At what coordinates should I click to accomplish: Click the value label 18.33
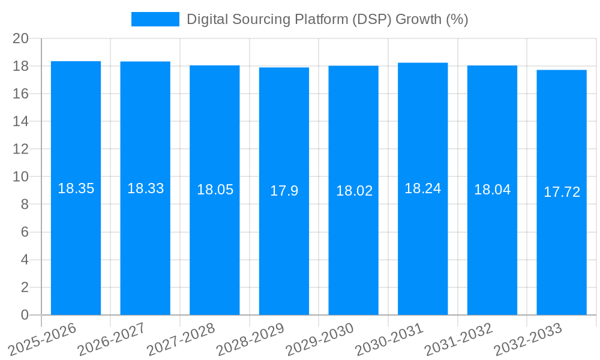pyautogui.click(x=145, y=188)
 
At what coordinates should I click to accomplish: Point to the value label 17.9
pyautogui.click(x=284, y=191)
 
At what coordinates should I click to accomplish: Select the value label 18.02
pyautogui.click(x=354, y=191)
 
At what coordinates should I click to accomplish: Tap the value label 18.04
pyautogui.click(x=492, y=190)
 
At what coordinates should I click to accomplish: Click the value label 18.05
pyautogui.click(x=215, y=190)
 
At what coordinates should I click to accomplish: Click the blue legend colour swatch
pyautogui.click(x=155, y=19)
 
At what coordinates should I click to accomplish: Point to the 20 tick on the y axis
pyautogui.click(x=21, y=38)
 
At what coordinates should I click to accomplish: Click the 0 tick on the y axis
pyautogui.click(x=25, y=315)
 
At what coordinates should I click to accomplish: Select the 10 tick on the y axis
pyautogui.click(x=21, y=177)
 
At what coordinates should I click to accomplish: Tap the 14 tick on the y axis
pyautogui.click(x=21, y=121)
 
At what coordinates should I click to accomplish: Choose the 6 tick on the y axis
pyautogui.click(x=25, y=232)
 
